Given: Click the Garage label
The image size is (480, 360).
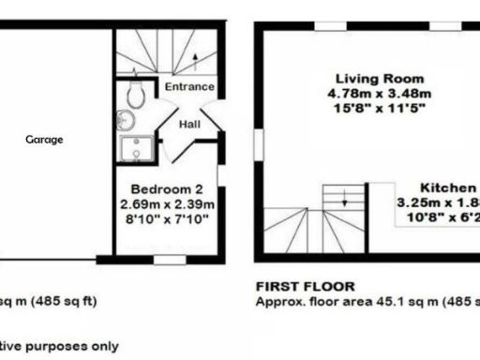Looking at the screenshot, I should click(x=44, y=140).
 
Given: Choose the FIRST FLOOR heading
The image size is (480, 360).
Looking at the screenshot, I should click(x=295, y=288).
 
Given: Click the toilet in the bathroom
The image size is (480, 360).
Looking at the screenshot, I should click(x=134, y=94).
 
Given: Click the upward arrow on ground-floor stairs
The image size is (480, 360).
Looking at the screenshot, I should click(x=193, y=58).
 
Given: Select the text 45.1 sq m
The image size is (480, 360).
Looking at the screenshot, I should click(x=412, y=302).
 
